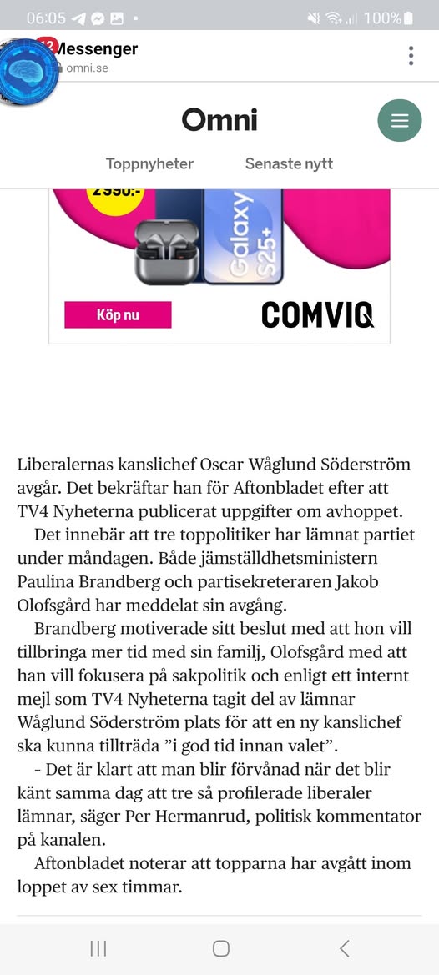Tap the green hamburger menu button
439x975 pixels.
400,120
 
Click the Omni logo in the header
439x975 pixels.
219,120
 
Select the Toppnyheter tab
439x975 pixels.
149,164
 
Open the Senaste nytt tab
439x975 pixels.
289,164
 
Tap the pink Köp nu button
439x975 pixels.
118,315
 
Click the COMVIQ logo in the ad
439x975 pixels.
317,314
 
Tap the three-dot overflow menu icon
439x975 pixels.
411,56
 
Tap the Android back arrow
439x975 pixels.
344,948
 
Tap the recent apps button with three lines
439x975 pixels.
98,948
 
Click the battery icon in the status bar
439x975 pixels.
408,18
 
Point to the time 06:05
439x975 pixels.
46,18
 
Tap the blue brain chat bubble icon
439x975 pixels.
28,72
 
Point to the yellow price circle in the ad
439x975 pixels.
114,197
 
